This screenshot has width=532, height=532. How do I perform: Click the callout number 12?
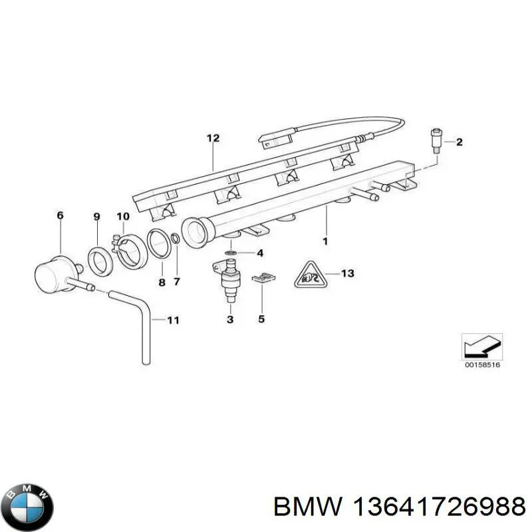point(212,139)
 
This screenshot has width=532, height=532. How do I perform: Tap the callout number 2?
point(459,142)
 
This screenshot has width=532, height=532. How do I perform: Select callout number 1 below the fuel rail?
point(325,241)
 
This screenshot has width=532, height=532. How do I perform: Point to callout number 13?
point(348,273)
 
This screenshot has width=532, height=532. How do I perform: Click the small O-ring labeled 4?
point(230,253)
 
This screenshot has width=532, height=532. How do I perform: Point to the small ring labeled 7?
point(175,239)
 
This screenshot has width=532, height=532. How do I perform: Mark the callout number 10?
point(123,216)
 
